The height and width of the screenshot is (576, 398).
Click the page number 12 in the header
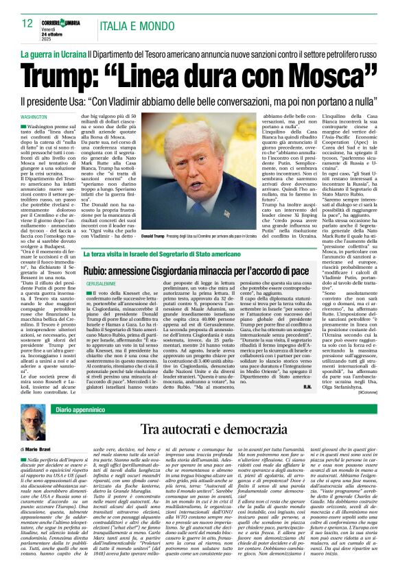28,23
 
